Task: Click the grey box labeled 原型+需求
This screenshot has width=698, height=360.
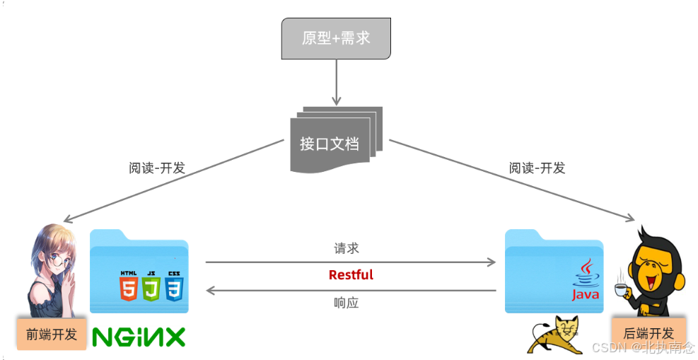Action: (336, 38)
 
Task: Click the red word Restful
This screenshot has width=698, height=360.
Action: (351, 275)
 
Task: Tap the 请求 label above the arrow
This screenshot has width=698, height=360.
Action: (347, 248)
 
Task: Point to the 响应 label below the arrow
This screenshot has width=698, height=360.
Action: (347, 303)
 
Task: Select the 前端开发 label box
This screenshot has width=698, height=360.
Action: (51, 334)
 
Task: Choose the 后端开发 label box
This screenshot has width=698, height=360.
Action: (648, 334)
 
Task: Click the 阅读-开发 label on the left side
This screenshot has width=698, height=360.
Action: (157, 168)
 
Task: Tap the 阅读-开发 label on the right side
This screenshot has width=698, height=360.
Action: (537, 168)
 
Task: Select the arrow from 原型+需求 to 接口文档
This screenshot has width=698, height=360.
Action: (336, 81)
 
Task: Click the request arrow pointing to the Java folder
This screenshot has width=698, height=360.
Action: (351, 262)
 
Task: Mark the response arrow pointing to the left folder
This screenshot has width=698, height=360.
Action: (351, 290)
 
